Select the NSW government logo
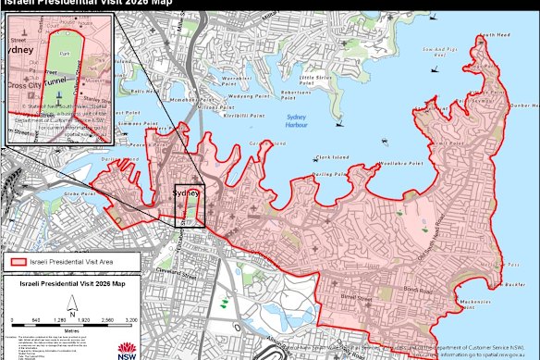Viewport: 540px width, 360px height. point(128,348)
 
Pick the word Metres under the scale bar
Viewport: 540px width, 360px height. point(71,327)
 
